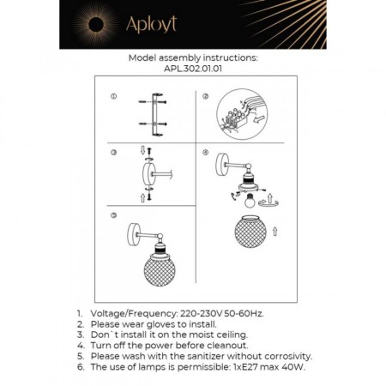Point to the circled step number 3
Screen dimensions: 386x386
(113, 152)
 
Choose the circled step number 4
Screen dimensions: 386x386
(205, 152)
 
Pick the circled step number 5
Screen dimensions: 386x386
(113, 212)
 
